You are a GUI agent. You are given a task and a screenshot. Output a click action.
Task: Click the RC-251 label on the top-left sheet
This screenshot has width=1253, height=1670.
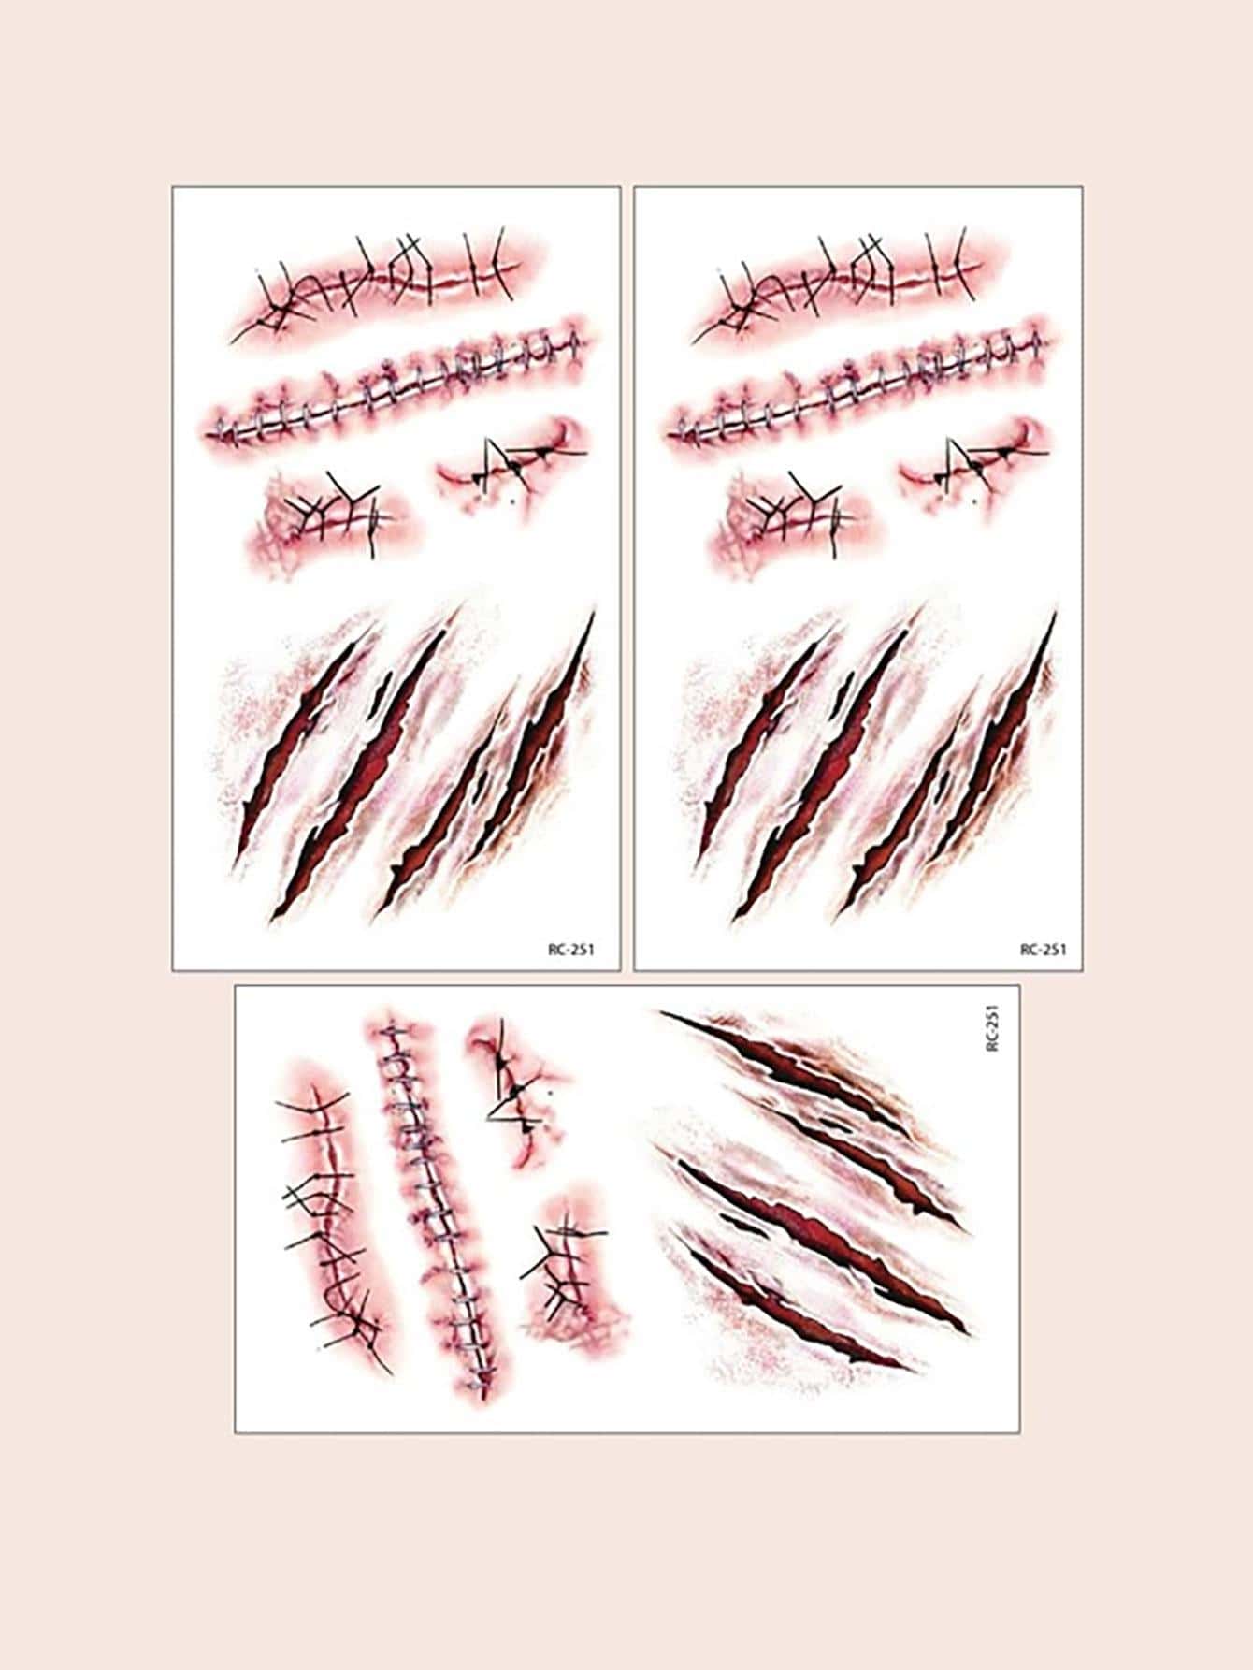pos(571,949)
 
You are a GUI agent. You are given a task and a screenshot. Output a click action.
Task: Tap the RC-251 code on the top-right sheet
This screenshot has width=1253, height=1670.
pos(1043,949)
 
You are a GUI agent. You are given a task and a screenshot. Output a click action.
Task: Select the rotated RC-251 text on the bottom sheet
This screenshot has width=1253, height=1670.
pos(993,1027)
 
